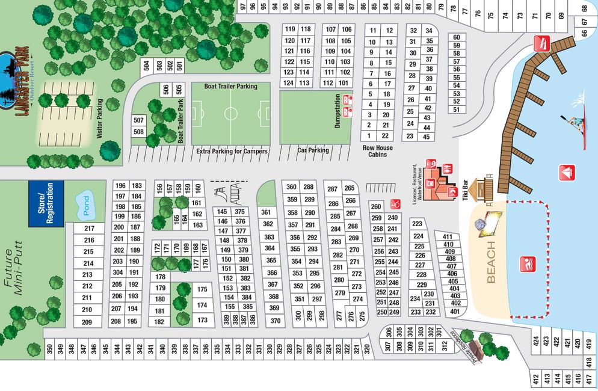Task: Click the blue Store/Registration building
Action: click(46, 203)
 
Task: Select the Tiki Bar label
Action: click(464, 190)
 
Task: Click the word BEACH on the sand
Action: click(492, 262)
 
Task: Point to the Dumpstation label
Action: click(338, 111)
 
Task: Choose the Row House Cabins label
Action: click(377, 150)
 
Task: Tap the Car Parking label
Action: click(313, 150)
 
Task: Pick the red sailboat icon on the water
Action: click(567, 173)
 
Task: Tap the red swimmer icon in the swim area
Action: click(527, 264)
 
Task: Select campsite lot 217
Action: click(89, 229)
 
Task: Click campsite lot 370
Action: click(276, 321)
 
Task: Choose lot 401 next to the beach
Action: click(455, 312)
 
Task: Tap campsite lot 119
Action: click(290, 29)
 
